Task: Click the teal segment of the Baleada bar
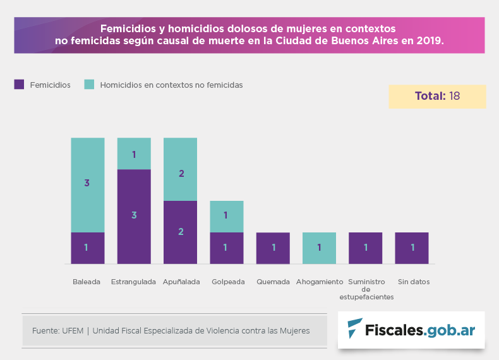pos(88,184)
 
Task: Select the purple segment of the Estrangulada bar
pos(134,216)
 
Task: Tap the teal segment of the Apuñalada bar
pos(181,169)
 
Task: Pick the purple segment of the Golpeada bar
pos(227,248)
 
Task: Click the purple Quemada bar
pos(273,248)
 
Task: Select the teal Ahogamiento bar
pos(320,248)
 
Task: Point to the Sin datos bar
pos(412,248)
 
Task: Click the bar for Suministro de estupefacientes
pos(366,248)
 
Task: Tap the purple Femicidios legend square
pos(19,85)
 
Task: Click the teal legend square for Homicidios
pos(89,85)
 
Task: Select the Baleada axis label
pos(87,282)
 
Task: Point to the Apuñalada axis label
pos(181,282)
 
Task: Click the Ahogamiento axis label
pos(320,282)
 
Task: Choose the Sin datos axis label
pos(414,282)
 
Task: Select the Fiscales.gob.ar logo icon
pos(355,328)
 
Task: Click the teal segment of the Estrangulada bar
pos(134,153)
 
